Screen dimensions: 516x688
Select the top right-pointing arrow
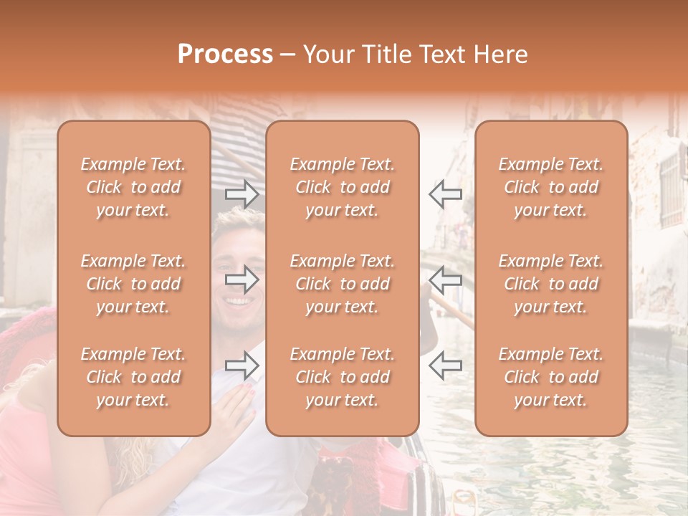(242, 194)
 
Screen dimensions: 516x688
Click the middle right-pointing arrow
(242, 279)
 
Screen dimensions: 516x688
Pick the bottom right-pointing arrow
(242, 365)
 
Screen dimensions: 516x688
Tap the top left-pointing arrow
(446, 194)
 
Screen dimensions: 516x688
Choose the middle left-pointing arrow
(446, 279)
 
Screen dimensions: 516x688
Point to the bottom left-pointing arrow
(446, 365)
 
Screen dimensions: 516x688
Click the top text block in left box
(133, 187)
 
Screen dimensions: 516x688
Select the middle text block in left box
(133, 284)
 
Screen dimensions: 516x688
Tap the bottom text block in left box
(133, 377)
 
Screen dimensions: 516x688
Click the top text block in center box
(342, 187)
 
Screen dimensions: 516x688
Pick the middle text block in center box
(342, 284)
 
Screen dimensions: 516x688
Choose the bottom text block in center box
(342, 377)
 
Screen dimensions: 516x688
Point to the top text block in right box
(551, 187)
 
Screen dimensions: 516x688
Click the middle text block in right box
(551, 284)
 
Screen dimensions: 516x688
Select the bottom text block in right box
(551, 377)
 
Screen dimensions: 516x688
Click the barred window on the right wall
(671, 188)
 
